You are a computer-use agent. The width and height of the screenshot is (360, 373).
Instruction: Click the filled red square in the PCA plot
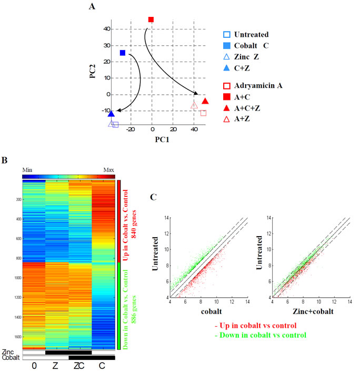[151, 19]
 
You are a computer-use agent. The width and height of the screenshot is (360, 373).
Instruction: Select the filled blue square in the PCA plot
[123, 53]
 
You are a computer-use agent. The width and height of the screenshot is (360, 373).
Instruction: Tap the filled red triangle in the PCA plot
[205, 101]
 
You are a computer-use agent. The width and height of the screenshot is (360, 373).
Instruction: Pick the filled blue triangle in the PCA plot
[111, 113]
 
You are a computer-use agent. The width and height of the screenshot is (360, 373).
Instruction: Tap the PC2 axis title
[93, 68]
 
